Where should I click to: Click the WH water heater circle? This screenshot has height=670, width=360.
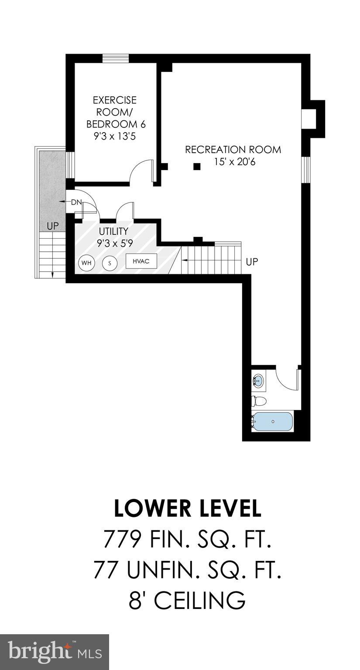click(86, 263)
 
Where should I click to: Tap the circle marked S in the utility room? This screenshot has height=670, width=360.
click(110, 263)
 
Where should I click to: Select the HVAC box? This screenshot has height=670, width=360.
click(141, 261)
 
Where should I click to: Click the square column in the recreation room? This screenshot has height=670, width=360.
click(197, 166)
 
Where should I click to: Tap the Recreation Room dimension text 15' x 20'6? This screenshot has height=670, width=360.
click(233, 161)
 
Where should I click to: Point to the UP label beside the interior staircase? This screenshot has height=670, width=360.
click(252, 262)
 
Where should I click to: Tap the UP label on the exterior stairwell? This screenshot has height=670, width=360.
click(53, 226)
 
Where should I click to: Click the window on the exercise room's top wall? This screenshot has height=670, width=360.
click(115, 58)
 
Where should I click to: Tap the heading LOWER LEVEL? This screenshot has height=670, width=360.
click(188, 508)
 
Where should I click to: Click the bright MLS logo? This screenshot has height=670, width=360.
click(54, 652)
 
